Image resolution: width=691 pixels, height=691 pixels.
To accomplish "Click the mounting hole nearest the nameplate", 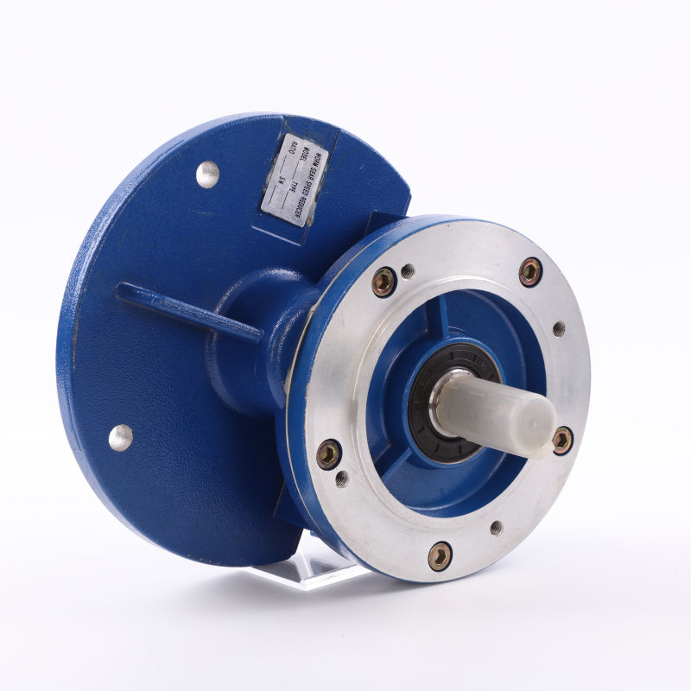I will (207, 174).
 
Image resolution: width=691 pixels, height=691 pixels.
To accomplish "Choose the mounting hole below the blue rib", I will (121, 437).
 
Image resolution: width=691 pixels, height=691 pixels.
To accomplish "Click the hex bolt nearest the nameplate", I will (384, 281).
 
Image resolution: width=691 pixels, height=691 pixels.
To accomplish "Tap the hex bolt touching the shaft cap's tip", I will (561, 441).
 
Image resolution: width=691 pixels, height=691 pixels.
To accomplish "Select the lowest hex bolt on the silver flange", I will (440, 555).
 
